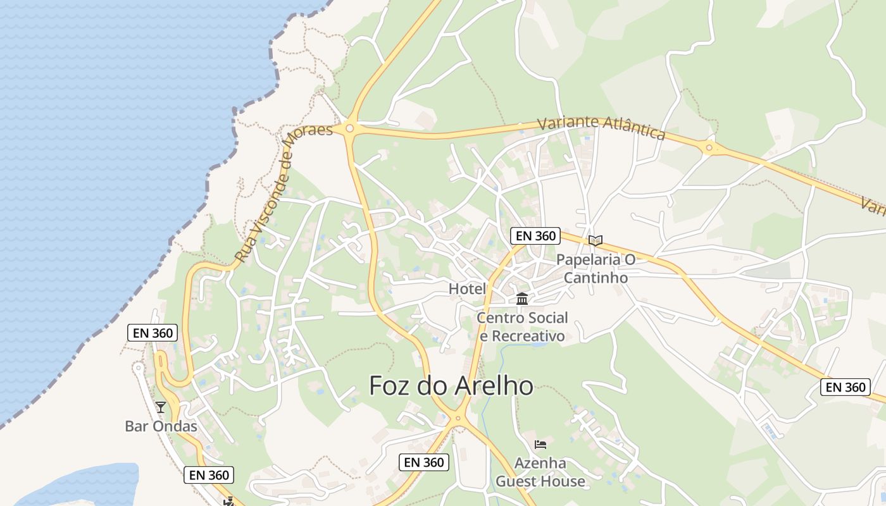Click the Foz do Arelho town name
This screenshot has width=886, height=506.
tap(451, 385)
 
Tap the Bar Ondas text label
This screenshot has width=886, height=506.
tap(161, 426)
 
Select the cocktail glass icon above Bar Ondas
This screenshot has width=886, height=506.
tap(161, 407)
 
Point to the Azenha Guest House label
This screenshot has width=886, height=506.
tap(540, 472)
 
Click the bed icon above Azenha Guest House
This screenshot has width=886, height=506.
tap(540, 444)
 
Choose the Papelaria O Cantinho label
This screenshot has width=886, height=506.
tap(595, 268)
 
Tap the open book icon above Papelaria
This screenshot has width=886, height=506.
tap(595, 240)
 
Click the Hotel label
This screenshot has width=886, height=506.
tap(467, 289)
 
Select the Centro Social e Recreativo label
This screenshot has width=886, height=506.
tap(522, 326)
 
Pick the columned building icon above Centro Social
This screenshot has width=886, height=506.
tap(522, 299)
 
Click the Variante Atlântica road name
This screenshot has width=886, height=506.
tap(601, 127)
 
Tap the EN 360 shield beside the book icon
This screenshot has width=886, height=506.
tap(535, 236)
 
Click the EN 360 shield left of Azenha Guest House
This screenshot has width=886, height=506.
tap(424, 462)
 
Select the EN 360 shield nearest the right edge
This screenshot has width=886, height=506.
tap(845, 387)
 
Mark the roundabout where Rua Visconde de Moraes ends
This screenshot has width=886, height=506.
tap(349, 128)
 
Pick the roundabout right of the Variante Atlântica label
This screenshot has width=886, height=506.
tap(709, 149)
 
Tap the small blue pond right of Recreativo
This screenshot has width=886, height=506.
tap(539, 345)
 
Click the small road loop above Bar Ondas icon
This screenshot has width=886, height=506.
tap(138, 367)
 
